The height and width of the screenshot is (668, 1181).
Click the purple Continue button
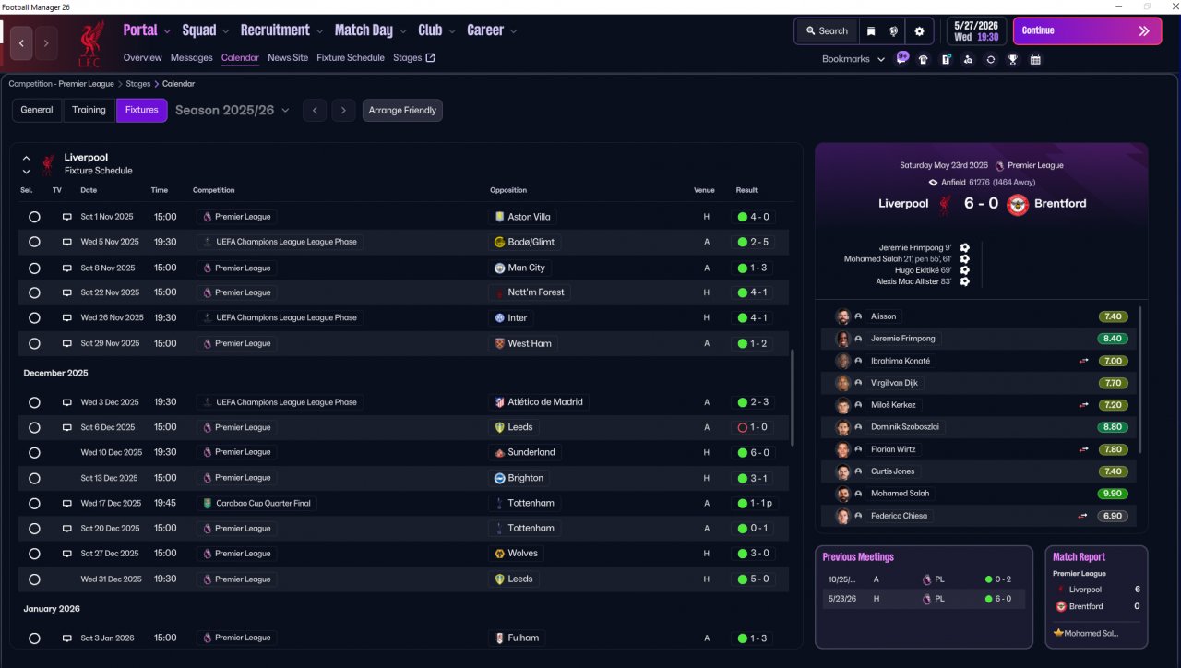1086,30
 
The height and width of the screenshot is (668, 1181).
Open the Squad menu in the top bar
199,30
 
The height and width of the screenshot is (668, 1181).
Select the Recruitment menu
275,30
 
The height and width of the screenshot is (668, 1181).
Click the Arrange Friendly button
402,111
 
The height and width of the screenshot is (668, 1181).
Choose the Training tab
89,111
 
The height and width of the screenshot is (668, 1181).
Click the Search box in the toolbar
825,30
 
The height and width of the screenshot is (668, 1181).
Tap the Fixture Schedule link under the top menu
350,57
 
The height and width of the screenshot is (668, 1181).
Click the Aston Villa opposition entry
528,217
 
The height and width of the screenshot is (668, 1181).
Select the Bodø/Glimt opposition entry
531,242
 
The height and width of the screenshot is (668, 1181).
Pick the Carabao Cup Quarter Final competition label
262,503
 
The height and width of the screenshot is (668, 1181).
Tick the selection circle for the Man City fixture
34,268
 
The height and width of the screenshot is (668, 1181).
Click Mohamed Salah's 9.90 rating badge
1113,494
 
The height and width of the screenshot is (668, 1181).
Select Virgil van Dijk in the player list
895,383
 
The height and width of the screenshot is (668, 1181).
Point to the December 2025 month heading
56,373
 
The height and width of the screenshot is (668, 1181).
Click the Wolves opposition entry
522,554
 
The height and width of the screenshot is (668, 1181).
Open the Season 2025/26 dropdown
232,111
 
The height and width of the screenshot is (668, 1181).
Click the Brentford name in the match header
1060,204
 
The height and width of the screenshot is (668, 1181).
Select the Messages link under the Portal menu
191,57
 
